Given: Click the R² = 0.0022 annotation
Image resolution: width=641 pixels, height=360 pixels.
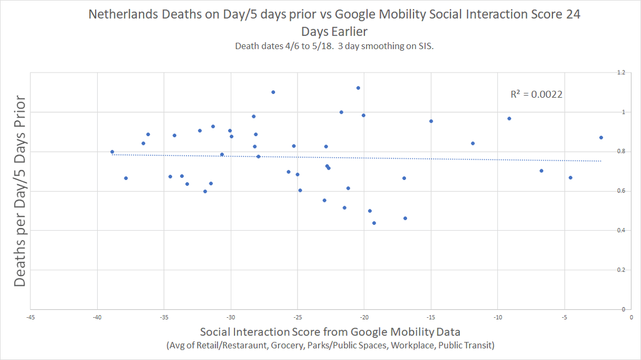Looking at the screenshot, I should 536,95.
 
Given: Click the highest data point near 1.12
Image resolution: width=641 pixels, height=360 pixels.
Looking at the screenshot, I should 358,88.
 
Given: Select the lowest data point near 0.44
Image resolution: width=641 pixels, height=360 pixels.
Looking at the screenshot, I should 374,223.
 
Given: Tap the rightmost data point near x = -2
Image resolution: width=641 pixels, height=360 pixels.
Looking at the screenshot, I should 601,137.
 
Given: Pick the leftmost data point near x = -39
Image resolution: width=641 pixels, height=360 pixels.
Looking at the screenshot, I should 112,152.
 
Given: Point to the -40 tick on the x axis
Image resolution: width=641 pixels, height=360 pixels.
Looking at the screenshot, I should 97,317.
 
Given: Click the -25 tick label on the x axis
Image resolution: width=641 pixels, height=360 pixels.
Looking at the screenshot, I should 298,317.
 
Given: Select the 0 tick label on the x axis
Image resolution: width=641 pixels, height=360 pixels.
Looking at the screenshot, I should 631,317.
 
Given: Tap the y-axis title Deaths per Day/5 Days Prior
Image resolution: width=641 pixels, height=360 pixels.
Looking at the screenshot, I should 20,191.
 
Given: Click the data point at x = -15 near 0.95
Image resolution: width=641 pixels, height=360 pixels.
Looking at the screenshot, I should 431,121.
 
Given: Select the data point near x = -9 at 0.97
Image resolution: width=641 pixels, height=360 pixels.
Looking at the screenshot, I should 509,118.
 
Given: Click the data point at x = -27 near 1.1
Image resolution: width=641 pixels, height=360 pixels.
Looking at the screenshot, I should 273,92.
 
